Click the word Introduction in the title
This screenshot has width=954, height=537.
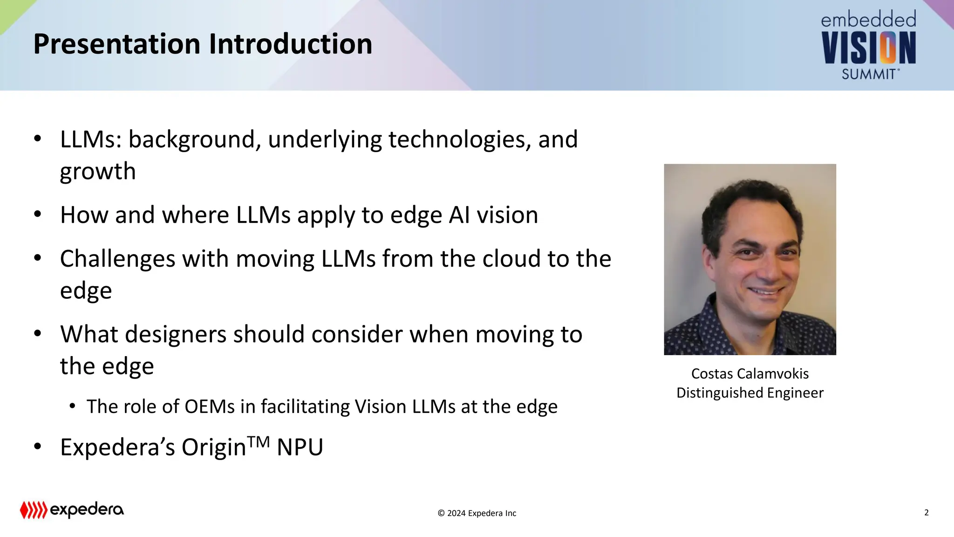click(290, 44)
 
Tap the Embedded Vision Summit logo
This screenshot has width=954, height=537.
click(868, 46)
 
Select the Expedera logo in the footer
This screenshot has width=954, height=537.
click(72, 510)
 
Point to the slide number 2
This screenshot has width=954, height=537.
click(926, 512)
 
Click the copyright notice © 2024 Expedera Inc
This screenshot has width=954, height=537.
click(477, 513)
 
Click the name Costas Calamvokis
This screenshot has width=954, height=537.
click(750, 374)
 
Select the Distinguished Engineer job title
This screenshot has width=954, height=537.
click(750, 393)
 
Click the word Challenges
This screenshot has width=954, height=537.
click(117, 259)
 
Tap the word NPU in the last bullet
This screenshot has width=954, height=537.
click(300, 447)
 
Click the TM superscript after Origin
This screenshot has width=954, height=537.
click(259, 441)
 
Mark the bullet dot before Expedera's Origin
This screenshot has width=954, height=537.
click(38, 446)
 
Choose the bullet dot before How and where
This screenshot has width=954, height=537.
click(38, 214)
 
